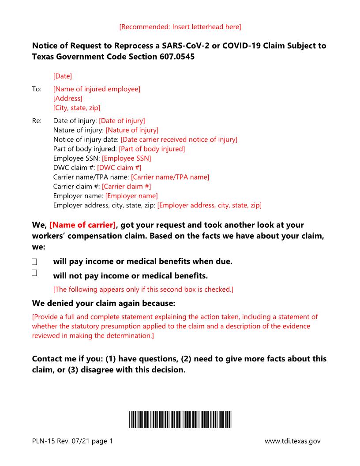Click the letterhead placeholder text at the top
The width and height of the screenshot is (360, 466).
[x=180, y=27]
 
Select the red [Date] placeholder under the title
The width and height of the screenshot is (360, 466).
[x=62, y=76]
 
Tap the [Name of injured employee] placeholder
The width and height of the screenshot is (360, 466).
[x=97, y=89]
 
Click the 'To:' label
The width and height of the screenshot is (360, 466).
[x=37, y=89]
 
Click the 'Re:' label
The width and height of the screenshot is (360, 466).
[x=37, y=120]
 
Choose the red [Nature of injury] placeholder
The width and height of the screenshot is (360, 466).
[x=132, y=130]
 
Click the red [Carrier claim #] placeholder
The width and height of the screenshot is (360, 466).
[x=126, y=186]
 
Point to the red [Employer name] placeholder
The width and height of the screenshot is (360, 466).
[x=131, y=195]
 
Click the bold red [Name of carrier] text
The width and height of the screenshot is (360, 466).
[x=82, y=225]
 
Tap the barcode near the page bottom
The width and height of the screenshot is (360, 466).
[x=180, y=419]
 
